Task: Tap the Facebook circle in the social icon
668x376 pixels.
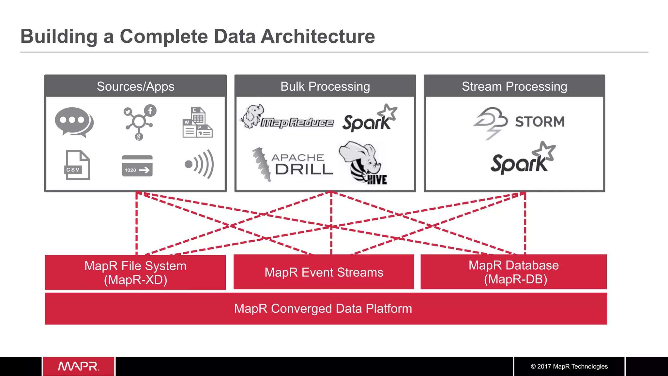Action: tap(150, 111)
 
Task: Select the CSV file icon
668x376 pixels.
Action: tap(77, 165)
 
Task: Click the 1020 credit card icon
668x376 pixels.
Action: tap(137, 166)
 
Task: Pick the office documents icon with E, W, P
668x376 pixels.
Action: tap(197, 123)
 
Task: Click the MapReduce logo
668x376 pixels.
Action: tap(287, 118)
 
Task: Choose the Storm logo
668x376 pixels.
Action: tap(519, 122)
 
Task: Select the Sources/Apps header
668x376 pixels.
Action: tap(135, 86)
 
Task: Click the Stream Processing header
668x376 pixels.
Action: tap(514, 86)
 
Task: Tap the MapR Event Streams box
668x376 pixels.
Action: tap(324, 272)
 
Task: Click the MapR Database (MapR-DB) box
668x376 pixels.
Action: tap(513, 272)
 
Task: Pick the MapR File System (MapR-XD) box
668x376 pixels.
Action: tap(135, 273)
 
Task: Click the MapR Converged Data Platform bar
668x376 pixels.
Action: tap(323, 308)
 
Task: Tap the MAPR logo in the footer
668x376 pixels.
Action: tap(79, 366)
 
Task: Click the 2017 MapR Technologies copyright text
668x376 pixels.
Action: tap(569, 367)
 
